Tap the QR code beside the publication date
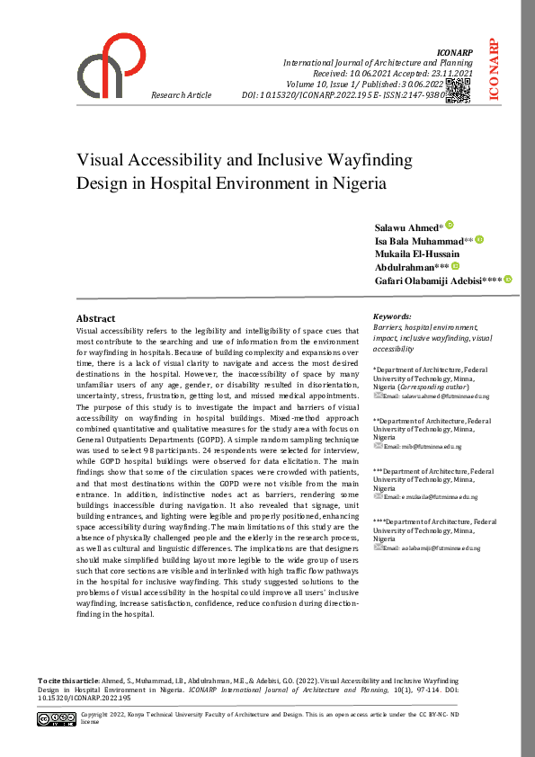pyautogui.click(x=457, y=88)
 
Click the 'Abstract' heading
pyautogui.click(x=95, y=318)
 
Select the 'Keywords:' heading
pyautogui.click(x=392, y=316)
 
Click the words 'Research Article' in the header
pyautogui.click(x=182, y=94)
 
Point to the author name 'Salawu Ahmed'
pyautogui.click(x=406, y=227)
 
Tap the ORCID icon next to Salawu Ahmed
pyautogui.click(x=450, y=225)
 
